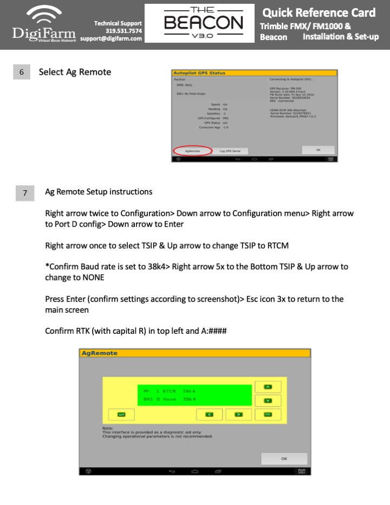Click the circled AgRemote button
(x=193, y=151)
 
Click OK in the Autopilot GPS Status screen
(x=318, y=150)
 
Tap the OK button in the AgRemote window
(x=284, y=458)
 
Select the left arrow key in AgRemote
(x=209, y=415)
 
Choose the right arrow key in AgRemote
(x=237, y=415)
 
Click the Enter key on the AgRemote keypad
(x=121, y=415)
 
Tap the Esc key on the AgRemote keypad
(x=268, y=415)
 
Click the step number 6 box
(x=21, y=72)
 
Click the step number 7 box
(x=25, y=193)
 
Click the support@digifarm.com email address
(x=111, y=38)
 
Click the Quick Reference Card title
(x=318, y=12)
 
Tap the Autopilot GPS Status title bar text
(x=199, y=73)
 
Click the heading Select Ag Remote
(x=75, y=72)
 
